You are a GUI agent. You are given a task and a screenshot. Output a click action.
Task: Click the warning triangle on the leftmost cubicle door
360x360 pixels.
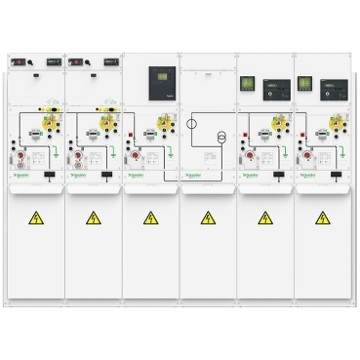coord(36,218)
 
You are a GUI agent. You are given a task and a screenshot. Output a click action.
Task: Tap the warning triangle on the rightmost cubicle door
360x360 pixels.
coord(322,218)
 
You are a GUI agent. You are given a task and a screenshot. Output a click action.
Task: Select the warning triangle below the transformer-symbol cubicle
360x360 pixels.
coord(208,218)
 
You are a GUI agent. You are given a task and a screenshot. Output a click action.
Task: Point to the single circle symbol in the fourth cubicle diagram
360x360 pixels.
coord(192,124)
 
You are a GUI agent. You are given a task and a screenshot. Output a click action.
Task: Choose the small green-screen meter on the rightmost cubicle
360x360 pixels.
coord(304,84)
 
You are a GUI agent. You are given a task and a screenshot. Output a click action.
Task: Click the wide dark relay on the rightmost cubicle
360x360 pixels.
coord(332,86)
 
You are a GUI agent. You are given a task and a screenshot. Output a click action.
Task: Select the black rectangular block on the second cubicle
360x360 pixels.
coord(106,175)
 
